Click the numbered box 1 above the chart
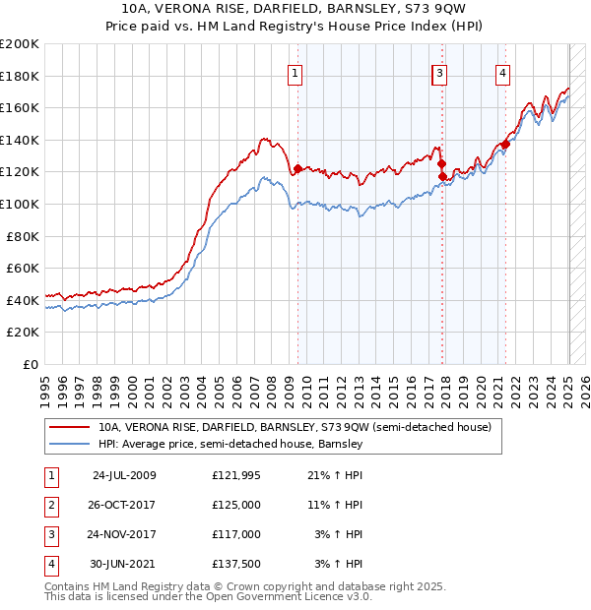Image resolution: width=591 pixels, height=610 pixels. point(295,71)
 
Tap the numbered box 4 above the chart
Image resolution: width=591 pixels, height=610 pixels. point(502,71)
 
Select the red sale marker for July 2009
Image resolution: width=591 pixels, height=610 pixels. point(297,168)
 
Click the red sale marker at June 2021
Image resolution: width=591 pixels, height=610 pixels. point(505,144)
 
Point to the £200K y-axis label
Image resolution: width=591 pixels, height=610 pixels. point(20,44)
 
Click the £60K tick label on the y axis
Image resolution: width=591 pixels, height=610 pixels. point(23,268)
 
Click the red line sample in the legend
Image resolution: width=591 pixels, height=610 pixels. point(69,427)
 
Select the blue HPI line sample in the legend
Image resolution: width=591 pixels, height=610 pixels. point(69,444)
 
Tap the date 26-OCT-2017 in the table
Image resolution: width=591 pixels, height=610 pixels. point(124,505)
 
